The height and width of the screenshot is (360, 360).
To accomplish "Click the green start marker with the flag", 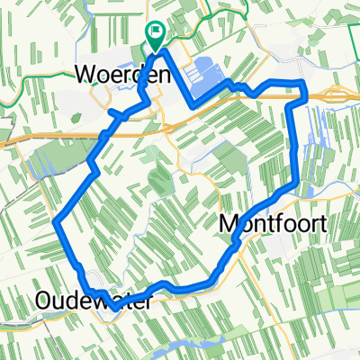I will [x=155, y=37].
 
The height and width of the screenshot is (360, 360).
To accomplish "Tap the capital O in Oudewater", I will [x=43, y=300].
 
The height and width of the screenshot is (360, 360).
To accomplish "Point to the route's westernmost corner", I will [x=56, y=221].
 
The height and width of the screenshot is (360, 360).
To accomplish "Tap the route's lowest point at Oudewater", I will [x=106, y=300].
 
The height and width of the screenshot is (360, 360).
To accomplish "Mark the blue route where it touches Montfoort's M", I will [x=235, y=236].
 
